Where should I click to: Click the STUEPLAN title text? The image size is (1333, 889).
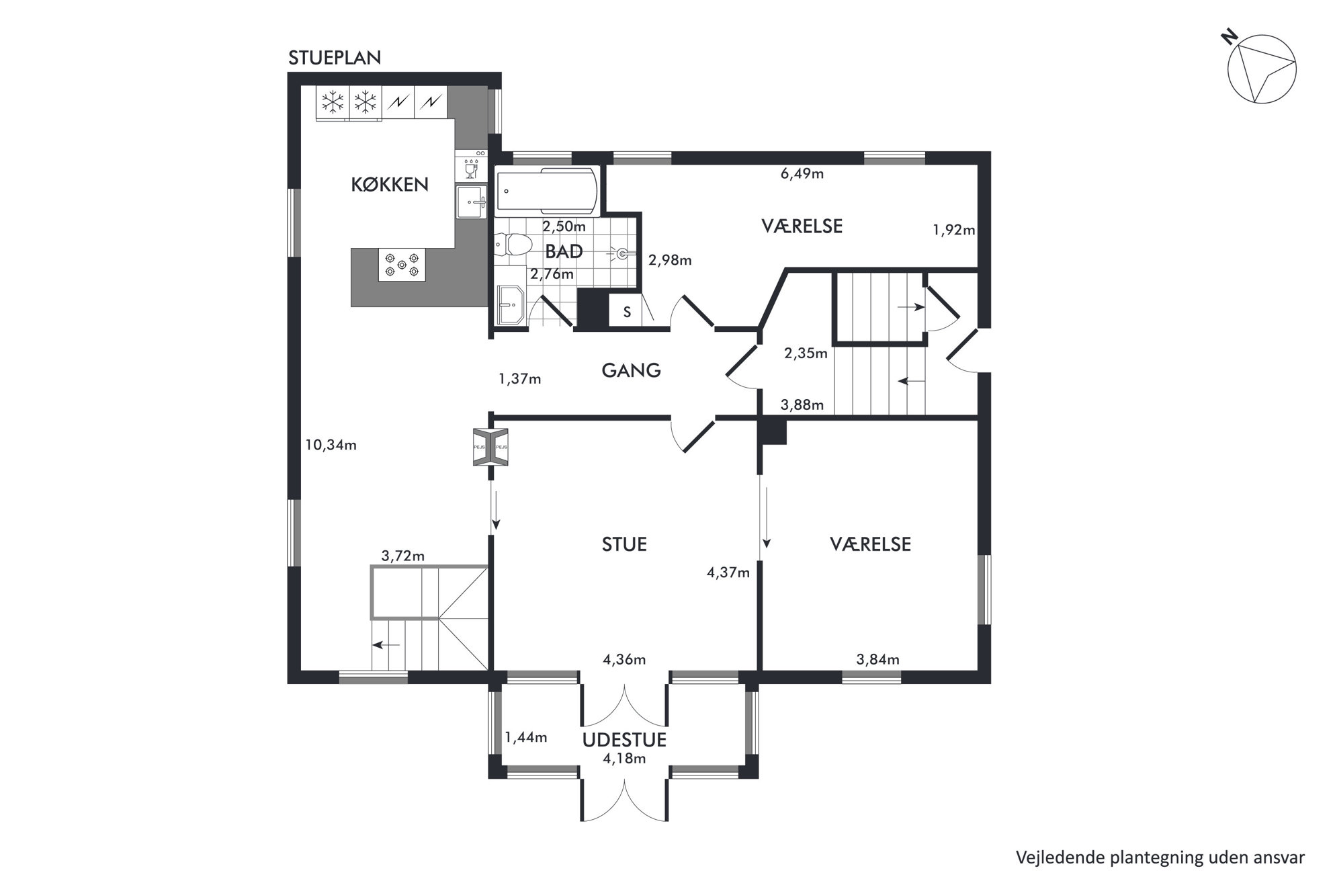335,58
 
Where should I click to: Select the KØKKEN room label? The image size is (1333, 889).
390,185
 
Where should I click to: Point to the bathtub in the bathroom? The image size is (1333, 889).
547,191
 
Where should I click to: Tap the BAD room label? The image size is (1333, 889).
564,252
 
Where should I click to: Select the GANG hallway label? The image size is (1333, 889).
631,370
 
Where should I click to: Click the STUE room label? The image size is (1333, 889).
624,544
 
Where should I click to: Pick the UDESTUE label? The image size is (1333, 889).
624,740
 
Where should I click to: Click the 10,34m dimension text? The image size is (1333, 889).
331,445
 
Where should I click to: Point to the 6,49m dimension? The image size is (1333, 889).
802,174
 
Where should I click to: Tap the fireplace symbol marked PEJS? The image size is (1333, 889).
490,447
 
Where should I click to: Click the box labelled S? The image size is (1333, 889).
627,312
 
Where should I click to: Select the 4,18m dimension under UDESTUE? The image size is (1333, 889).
624,759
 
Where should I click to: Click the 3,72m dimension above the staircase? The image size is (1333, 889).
403,556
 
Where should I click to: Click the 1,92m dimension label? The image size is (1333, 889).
954,230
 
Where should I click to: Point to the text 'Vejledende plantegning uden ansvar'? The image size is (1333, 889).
1160,857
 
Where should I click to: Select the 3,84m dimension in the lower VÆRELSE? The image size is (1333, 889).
877,660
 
